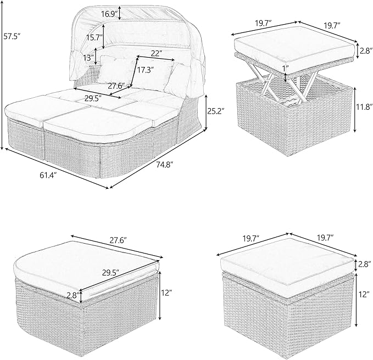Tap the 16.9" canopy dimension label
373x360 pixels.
point(109,14)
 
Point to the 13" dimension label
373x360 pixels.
point(88,57)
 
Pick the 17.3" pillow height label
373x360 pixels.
point(145,70)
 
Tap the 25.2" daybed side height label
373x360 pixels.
point(215,111)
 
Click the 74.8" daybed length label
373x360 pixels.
point(164,164)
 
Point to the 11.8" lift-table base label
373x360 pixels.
point(364,106)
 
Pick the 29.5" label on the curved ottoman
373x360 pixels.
point(110,272)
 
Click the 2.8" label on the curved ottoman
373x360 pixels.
point(73,295)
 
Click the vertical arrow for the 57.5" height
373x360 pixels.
point(2,75)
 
